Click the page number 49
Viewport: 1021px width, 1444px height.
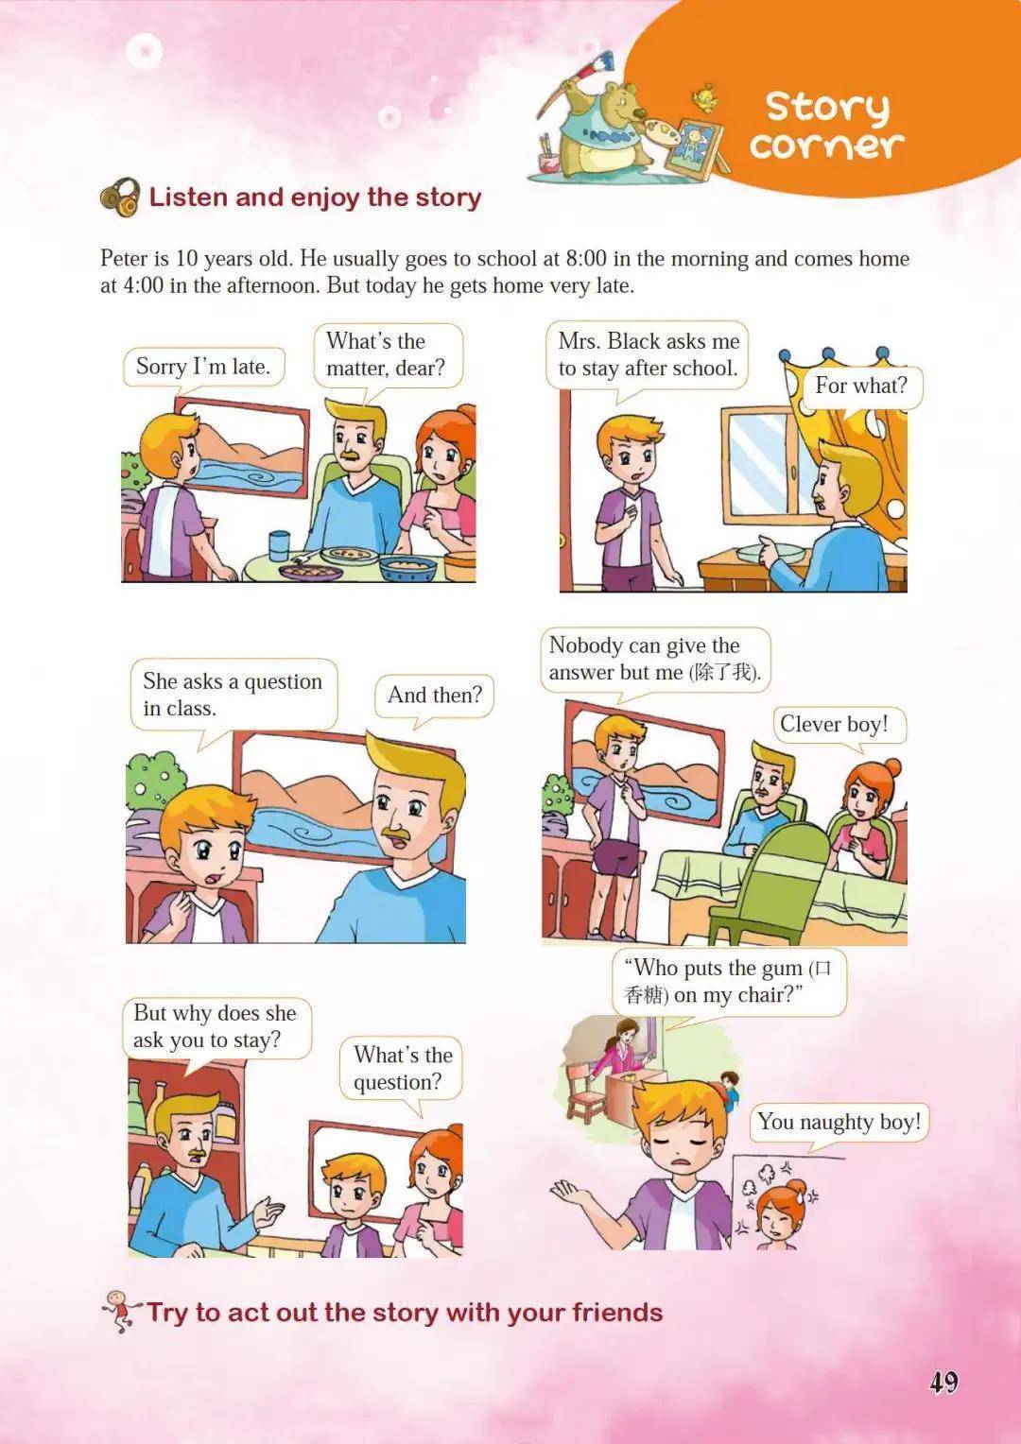[943, 1381]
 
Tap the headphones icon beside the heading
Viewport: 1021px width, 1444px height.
[119, 197]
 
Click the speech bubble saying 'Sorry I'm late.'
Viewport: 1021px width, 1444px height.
[203, 369]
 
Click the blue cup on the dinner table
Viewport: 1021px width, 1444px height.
[279, 545]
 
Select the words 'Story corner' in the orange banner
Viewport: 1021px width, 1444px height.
[827, 126]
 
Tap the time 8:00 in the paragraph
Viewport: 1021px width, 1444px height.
[585, 259]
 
